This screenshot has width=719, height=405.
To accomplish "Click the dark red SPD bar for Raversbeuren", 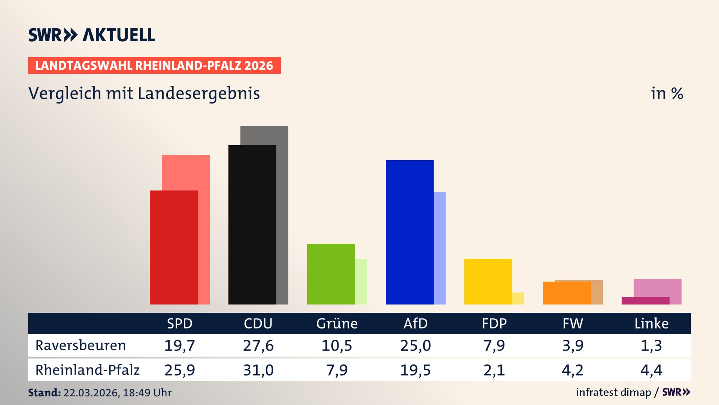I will click(173, 247).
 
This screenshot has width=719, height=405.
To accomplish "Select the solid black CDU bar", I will click(252, 225).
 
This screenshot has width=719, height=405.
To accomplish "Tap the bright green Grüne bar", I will click(331, 274).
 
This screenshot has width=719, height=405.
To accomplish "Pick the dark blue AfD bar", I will click(409, 232).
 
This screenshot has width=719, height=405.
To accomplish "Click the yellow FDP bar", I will click(488, 281).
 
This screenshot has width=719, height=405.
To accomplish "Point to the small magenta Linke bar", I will click(645, 301).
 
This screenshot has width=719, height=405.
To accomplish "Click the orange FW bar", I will click(567, 293).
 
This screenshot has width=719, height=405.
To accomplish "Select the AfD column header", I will click(415, 323).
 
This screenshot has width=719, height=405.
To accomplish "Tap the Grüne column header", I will click(337, 323).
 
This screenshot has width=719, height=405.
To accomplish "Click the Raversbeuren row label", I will click(81, 345).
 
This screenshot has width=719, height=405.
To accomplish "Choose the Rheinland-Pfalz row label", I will click(87, 370).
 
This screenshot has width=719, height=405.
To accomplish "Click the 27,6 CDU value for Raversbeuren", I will click(258, 345).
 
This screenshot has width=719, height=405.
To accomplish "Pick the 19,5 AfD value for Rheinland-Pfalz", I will click(415, 370).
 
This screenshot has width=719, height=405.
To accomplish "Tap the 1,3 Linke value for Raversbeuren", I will click(651, 345).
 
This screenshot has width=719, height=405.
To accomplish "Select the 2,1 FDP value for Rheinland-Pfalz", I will click(494, 370).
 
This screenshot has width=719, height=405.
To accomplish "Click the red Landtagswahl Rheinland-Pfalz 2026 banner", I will click(154, 66).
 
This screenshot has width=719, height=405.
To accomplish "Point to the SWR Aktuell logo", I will click(91, 35).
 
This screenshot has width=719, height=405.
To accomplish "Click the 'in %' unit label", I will click(667, 94).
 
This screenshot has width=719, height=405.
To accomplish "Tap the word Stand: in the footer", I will click(44, 393).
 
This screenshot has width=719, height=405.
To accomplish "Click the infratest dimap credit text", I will click(613, 392).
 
